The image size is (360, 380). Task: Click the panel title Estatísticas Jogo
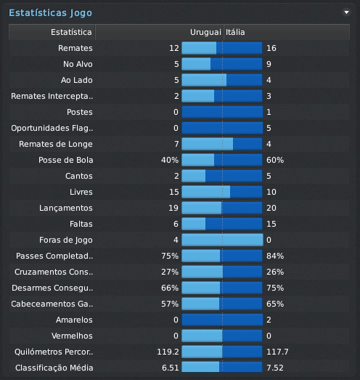[50, 12]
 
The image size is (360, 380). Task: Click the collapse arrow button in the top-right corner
[346, 12]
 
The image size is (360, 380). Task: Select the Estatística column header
[72, 33]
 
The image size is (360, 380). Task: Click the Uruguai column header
[205, 33]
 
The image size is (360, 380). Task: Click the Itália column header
[235, 33]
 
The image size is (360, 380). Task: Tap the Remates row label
[75, 49]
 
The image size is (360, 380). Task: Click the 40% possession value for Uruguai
[170, 160]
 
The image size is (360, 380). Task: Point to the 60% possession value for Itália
[275, 160]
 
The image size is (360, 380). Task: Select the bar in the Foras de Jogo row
[221, 240]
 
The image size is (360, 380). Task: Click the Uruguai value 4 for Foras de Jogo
[176, 240]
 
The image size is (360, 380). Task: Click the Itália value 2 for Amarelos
[269, 320]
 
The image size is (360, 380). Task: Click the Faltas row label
[80, 224]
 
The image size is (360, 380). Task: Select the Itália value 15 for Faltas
[271, 224]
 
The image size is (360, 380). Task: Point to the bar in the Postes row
[221, 113]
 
